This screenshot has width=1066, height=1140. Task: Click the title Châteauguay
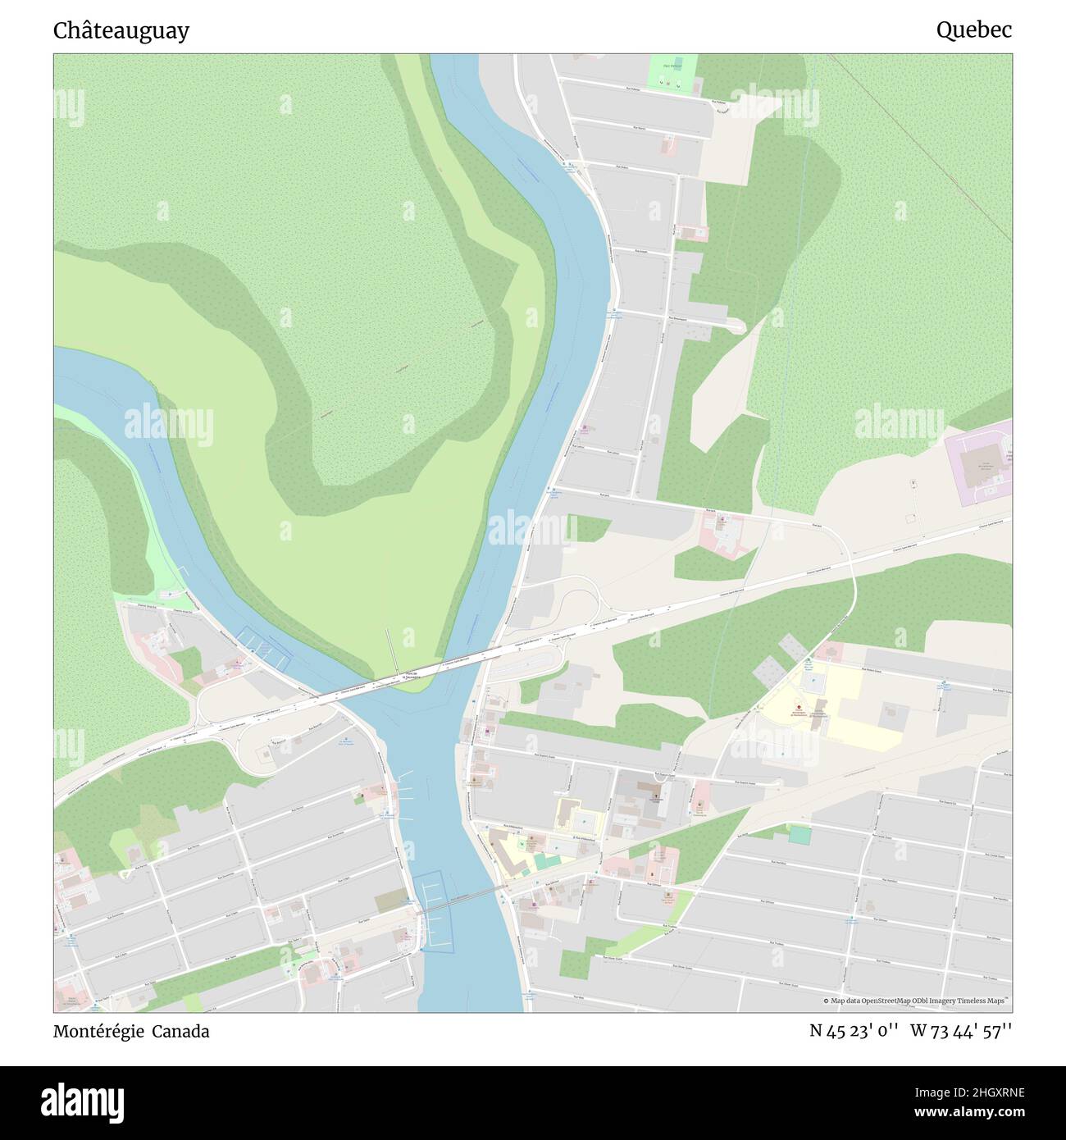tap(121, 30)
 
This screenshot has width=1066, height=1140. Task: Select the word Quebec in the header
tap(974, 30)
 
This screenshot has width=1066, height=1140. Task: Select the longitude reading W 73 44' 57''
tap(961, 1032)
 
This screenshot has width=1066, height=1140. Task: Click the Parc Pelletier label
tap(672, 66)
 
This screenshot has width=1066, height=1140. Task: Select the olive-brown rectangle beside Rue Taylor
tap(389, 901)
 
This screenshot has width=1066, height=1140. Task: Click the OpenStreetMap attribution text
tap(916, 1001)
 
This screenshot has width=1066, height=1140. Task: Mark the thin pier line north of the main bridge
tap(390, 650)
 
